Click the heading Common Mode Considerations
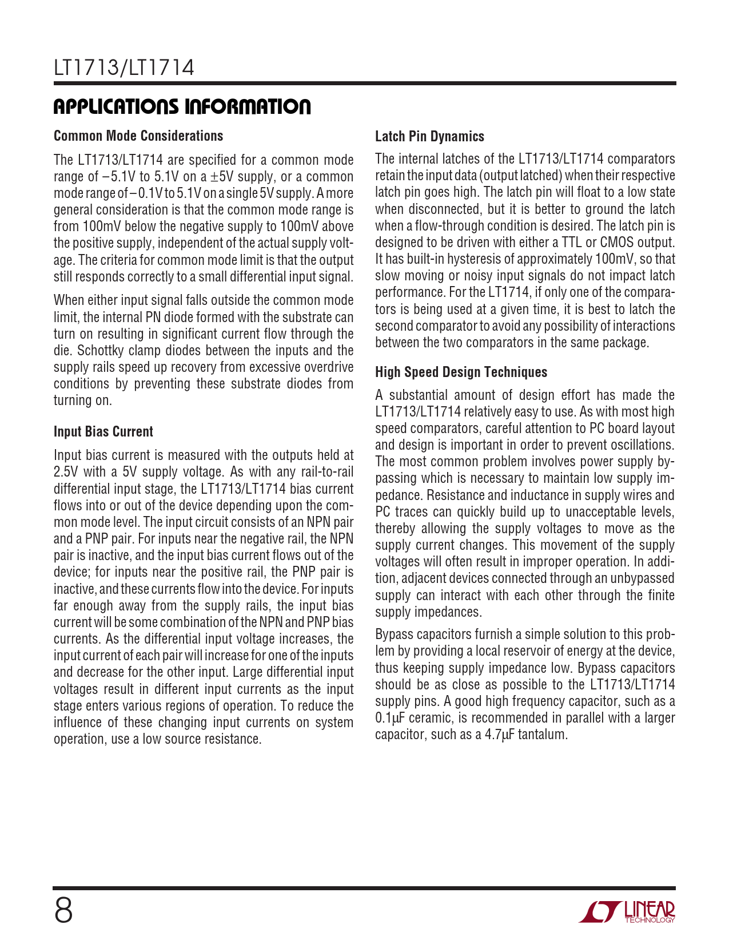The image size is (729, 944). tap(138, 136)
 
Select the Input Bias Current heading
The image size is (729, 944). tap(103, 431)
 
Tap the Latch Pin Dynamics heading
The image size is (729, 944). tap(429, 136)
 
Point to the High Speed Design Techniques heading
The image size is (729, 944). tap(461, 372)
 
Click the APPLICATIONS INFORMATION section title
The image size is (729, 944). tap(182, 106)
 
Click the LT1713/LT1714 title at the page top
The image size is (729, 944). tap(124, 68)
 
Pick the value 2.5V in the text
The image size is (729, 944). tap(65, 472)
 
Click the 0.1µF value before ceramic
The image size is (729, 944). tap(390, 718)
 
